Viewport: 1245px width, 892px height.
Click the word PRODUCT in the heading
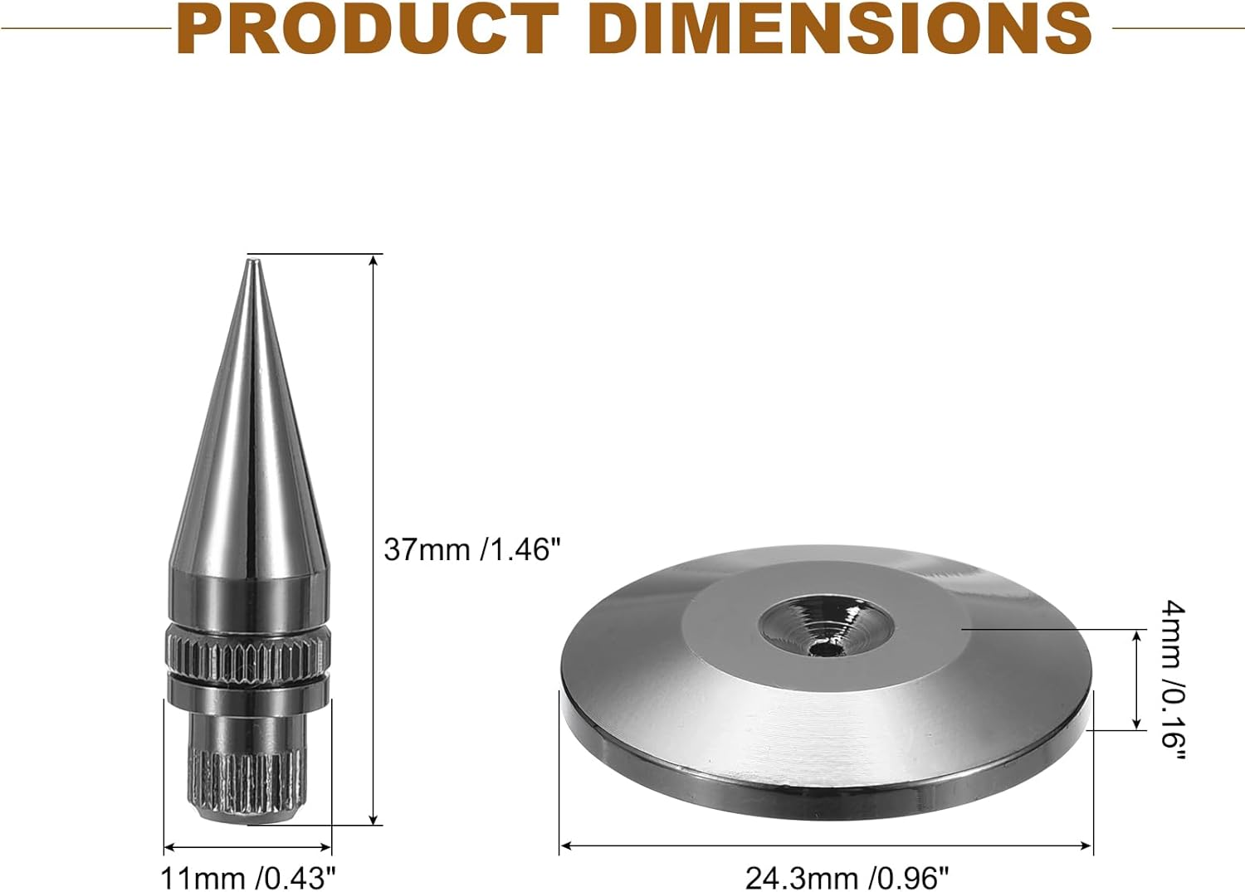[x=368, y=27]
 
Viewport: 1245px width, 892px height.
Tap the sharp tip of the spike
[x=252, y=260]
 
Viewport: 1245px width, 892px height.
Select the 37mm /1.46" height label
[x=472, y=550]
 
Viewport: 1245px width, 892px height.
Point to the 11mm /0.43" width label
[x=248, y=879]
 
